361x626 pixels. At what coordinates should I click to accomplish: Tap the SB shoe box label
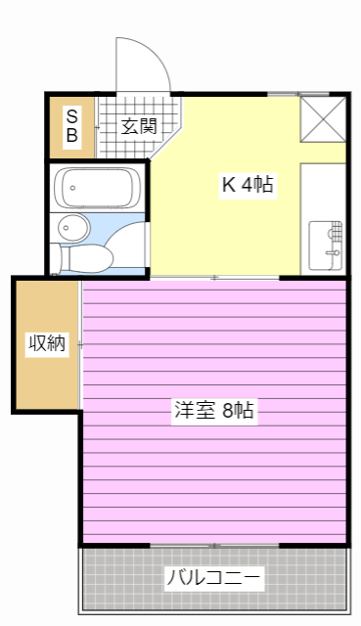71,126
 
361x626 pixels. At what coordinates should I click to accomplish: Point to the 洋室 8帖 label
212,412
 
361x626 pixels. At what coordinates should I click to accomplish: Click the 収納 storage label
46,343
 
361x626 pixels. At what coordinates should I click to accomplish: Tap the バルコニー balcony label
213,578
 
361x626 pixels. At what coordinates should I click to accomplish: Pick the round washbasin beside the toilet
70,228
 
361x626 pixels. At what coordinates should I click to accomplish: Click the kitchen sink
326,245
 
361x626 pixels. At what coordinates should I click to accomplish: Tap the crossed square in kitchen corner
323,118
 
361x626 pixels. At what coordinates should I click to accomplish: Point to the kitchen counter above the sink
324,191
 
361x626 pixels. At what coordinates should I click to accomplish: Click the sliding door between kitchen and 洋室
214,278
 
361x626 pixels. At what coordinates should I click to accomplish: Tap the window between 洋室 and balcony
214,545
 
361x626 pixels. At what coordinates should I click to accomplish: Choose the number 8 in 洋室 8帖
227,412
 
